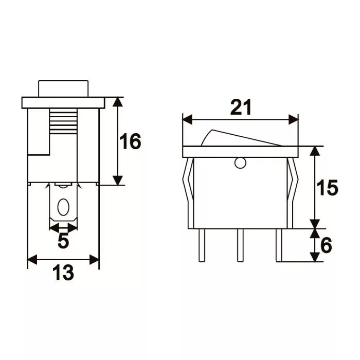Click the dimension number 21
[241, 107]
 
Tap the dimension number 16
[130, 141]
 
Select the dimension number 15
[327, 188]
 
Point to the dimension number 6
[326, 245]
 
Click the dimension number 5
[63, 241]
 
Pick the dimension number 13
[63, 273]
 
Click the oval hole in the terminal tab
[63, 207]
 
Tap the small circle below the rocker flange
[240, 163]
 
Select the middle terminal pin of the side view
[240, 245]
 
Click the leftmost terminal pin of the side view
[202, 245]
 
